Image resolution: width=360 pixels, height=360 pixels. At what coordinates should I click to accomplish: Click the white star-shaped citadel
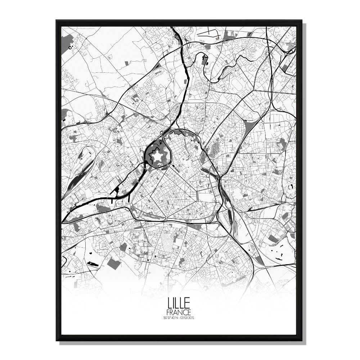pos(157,156)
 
